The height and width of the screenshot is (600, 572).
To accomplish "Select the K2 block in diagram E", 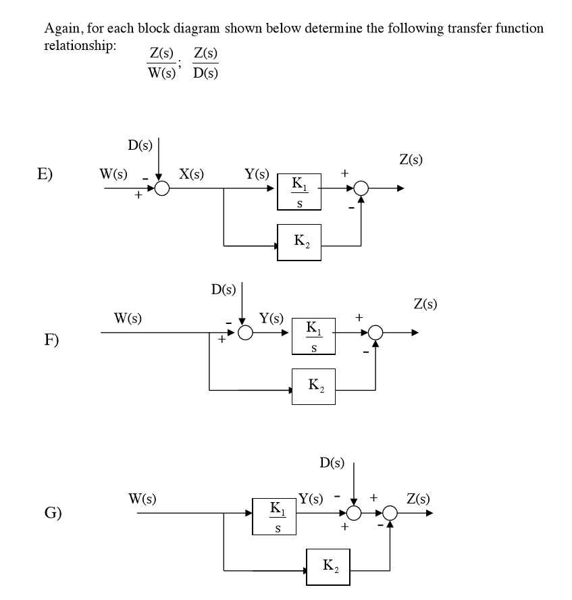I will pos(298,240).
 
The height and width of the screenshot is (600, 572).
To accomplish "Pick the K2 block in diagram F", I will pos(313,386).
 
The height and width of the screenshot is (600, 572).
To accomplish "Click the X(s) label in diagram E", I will pos(192,173).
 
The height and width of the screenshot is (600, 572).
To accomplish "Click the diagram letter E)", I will pos(45,173).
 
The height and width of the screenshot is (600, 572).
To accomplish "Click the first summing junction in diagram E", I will pos(161,189).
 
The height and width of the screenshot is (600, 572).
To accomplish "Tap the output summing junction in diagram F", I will pos(375,333).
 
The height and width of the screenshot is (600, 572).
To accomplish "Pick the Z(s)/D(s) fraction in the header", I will pos(205,63).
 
